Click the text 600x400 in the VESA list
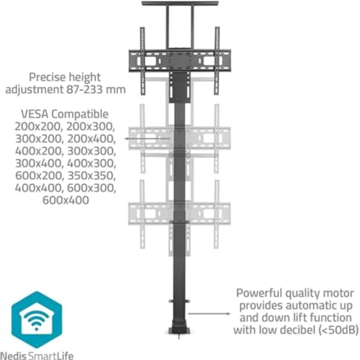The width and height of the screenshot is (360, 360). (x=65, y=200)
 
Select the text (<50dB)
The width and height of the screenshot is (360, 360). (x=338, y=330)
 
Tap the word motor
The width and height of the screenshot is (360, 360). (x=339, y=293)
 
